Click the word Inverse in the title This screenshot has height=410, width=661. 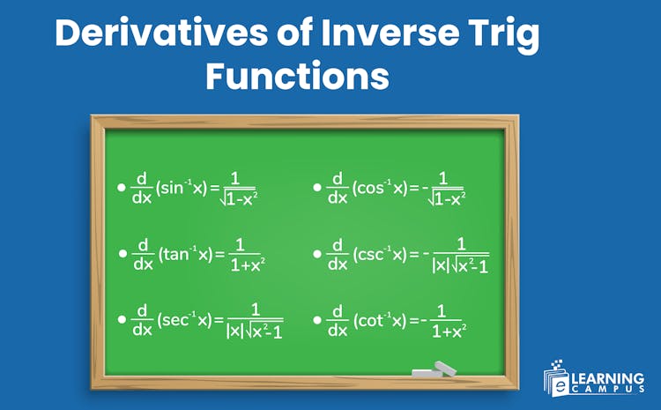[368, 35]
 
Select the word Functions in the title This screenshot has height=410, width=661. [297, 77]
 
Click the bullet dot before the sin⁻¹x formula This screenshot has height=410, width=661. [122, 189]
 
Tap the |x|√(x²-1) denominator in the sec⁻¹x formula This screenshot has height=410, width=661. [255, 332]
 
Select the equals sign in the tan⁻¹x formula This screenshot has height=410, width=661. [220, 254]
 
